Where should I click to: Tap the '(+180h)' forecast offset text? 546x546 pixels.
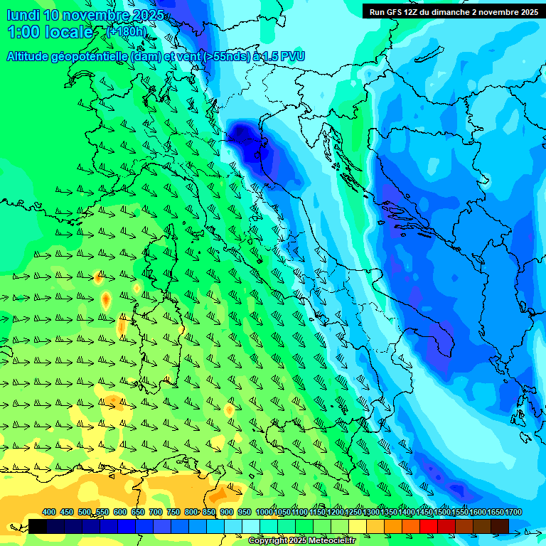126,31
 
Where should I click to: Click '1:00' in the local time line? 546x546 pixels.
23,32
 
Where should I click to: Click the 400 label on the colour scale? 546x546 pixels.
49,513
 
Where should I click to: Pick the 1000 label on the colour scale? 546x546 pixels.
264,513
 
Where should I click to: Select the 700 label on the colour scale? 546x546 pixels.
156,513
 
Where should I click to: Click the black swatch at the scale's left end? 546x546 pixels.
38,526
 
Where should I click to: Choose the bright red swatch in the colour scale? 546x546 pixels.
429,526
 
